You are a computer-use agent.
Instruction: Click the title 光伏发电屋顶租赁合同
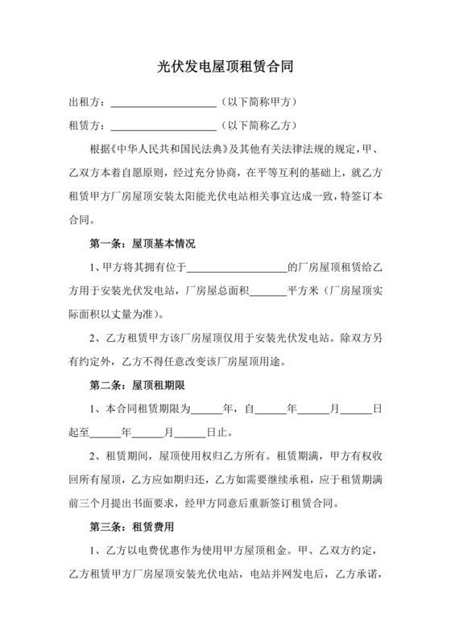point(225,69)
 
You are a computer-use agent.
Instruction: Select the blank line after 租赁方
point(163,126)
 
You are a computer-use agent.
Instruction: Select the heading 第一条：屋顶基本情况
point(142,243)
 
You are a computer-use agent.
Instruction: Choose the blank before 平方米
point(267,290)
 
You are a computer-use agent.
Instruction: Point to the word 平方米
point(304,290)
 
